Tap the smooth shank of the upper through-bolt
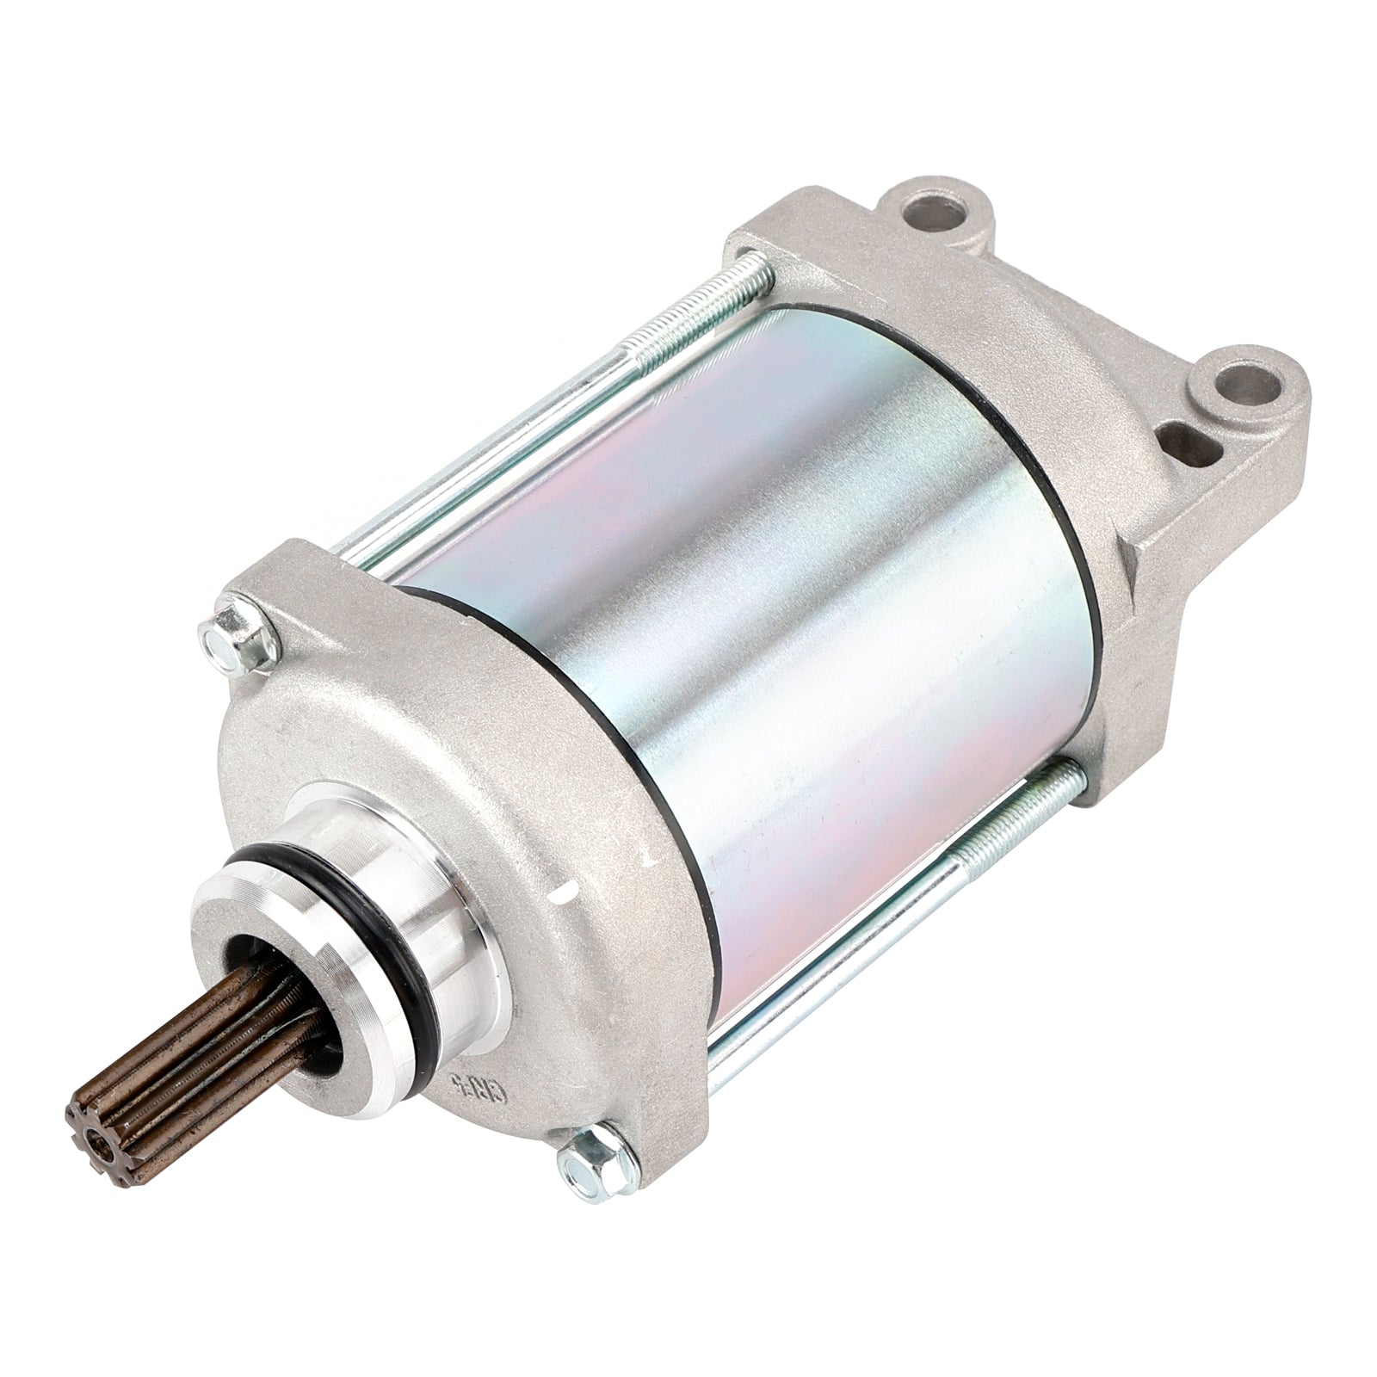[482, 465]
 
